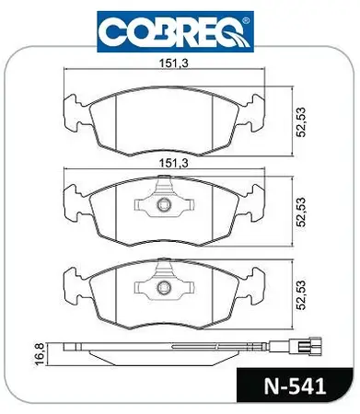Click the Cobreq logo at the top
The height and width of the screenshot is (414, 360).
click(175, 31)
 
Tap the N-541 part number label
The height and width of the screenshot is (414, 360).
click(295, 386)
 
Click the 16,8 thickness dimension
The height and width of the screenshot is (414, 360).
click(40, 354)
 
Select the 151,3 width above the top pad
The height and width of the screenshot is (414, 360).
click(173, 63)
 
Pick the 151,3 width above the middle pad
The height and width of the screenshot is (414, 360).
click(173, 163)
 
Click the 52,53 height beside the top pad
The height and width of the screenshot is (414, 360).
click(302, 121)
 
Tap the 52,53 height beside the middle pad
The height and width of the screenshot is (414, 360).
click(302, 212)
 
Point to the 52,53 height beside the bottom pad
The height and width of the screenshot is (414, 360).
click(302, 294)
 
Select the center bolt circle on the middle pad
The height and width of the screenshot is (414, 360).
click(163, 204)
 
